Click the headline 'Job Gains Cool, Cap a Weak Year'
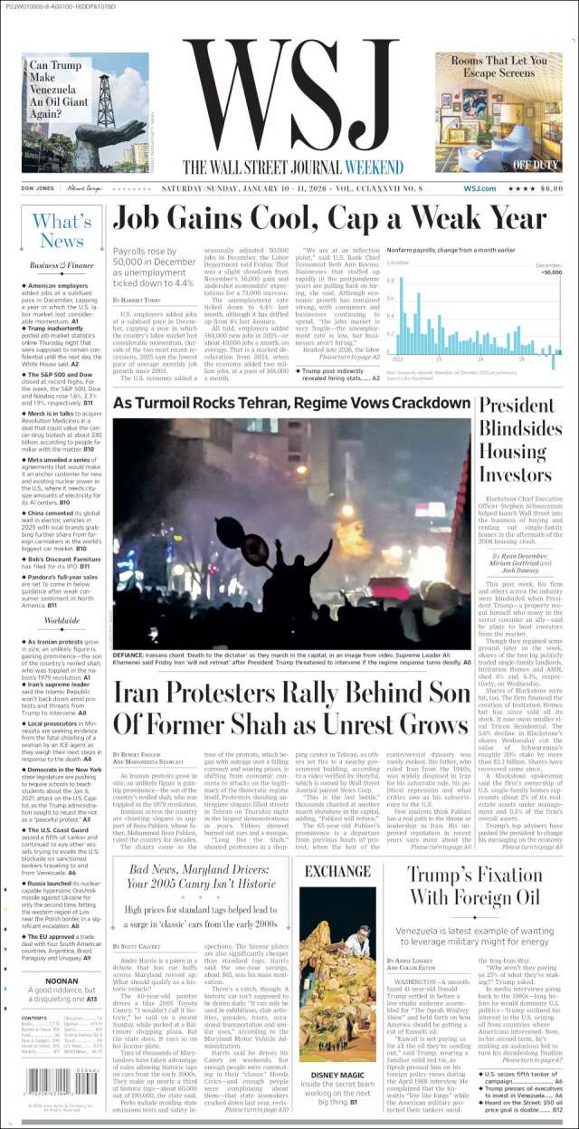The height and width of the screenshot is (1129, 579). pyautogui.click(x=329, y=220)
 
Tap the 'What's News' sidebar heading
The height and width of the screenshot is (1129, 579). pyautogui.click(x=62, y=231)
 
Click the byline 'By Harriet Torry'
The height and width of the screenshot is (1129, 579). pyautogui.click(x=138, y=299)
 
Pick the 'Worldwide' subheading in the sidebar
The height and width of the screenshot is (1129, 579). pyautogui.click(x=62, y=620)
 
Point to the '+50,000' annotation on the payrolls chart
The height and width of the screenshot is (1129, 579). pyautogui.click(x=550, y=272)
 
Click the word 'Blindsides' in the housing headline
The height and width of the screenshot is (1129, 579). pyautogui.click(x=520, y=427)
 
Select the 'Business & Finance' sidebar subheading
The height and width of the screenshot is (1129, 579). pyautogui.click(x=62, y=265)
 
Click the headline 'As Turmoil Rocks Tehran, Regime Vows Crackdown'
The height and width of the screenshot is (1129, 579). pyautogui.click(x=291, y=402)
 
